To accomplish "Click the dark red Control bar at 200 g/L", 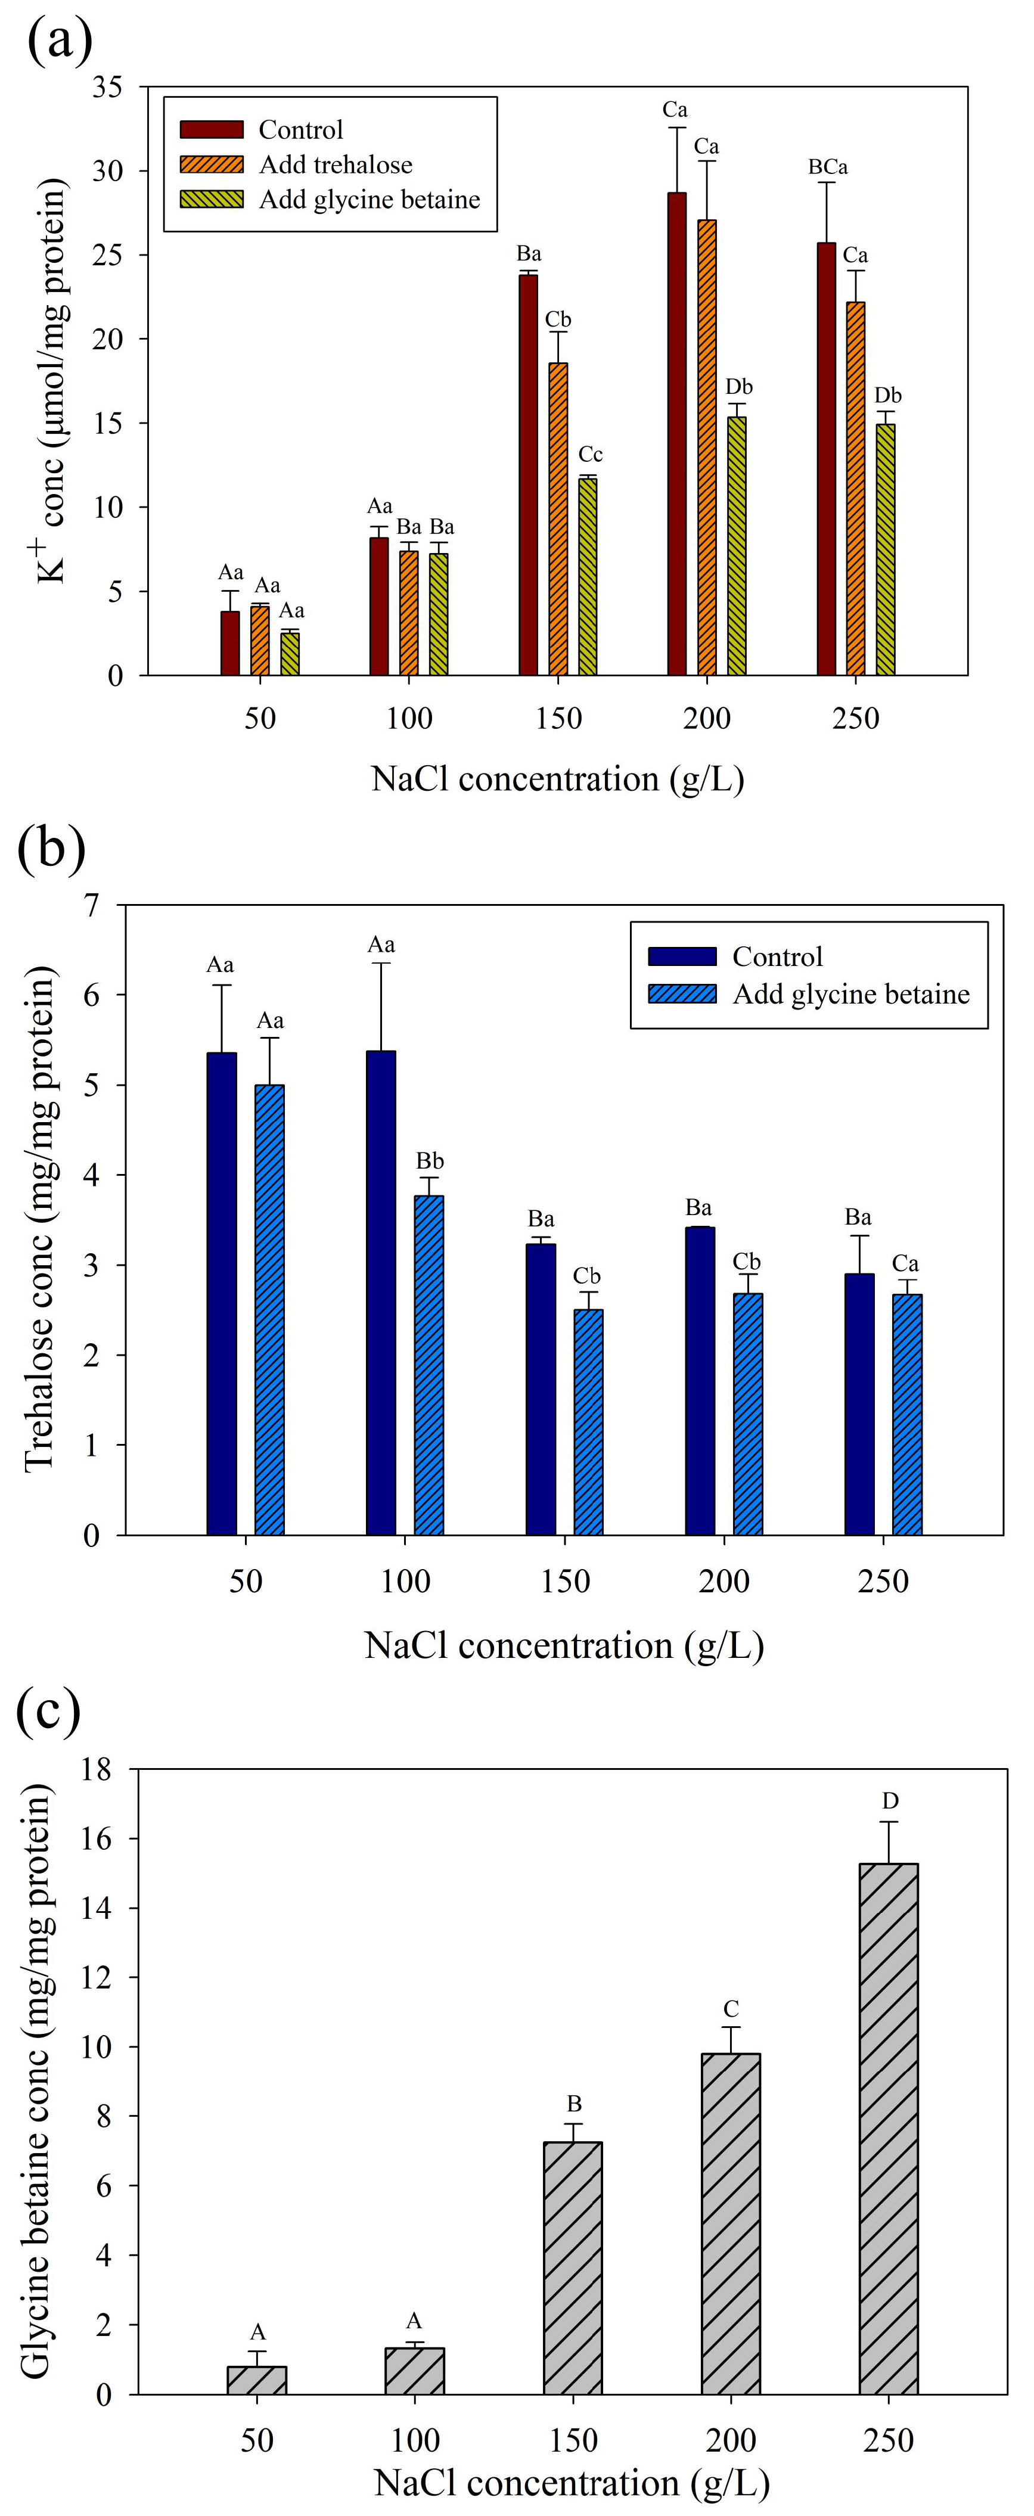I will pyautogui.click(x=676, y=434).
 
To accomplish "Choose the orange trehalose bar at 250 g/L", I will pyautogui.click(x=855, y=488).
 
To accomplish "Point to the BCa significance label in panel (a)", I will pyautogui.click(x=827, y=167).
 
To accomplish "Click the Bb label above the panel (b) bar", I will pyautogui.click(x=430, y=1161).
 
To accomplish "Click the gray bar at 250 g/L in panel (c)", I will pyautogui.click(x=889, y=2129).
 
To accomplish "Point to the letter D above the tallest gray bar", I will pyautogui.click(x=890, y=1800).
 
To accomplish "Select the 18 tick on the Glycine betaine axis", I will pyautogui.click(x=98, y=1769).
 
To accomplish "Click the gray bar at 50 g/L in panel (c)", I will pyautogui.click(x=257, y=2380).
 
